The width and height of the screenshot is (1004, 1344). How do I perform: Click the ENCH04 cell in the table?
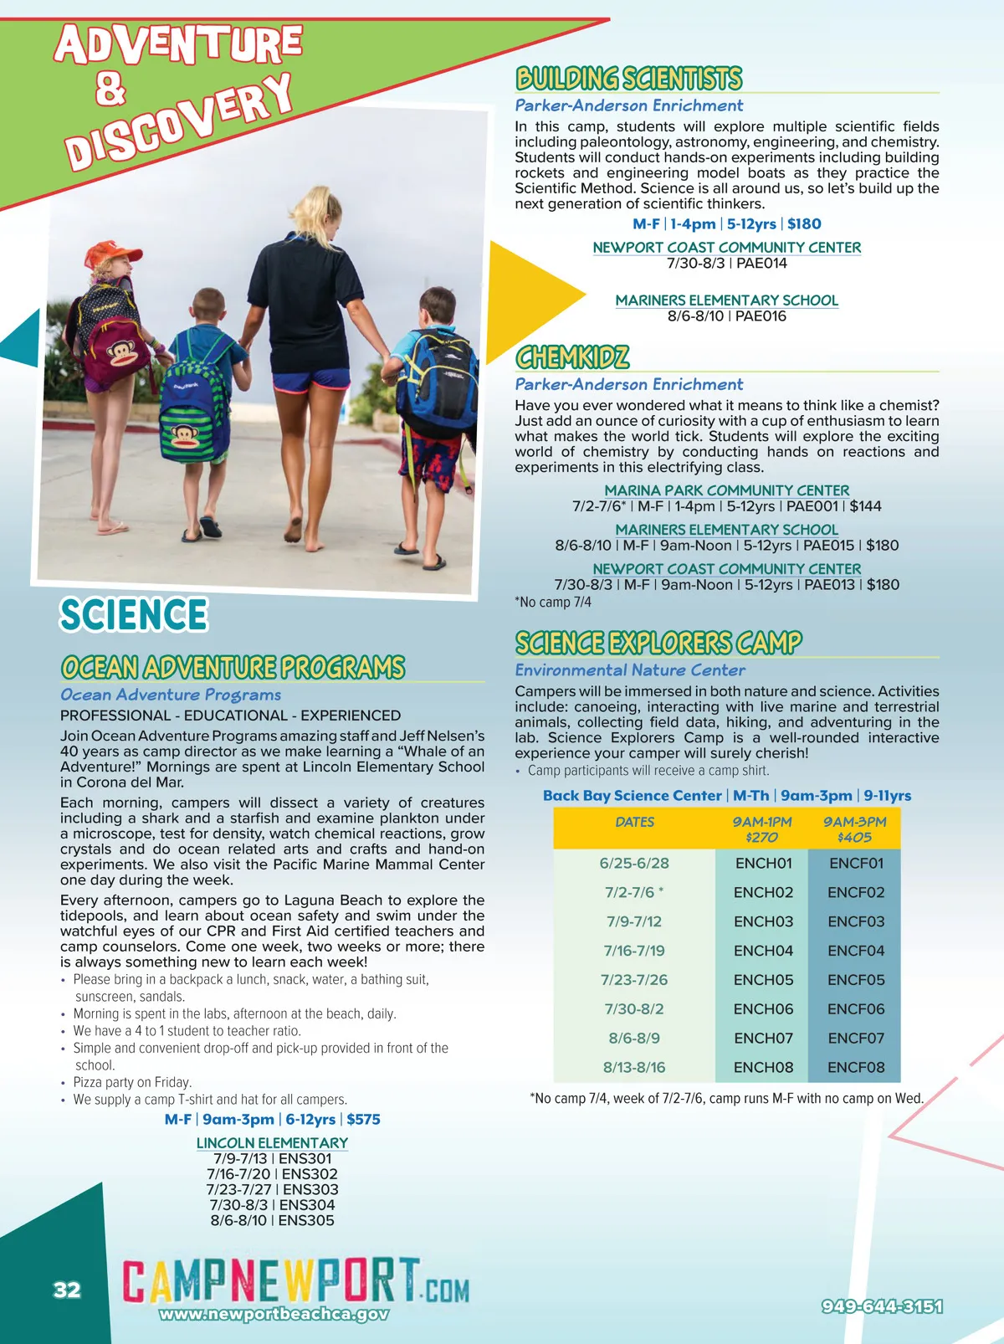[x=762, y=951]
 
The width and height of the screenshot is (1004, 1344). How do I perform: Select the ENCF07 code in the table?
[x=855, y=1038]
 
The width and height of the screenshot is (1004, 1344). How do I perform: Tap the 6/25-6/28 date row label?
[x=633, y=863]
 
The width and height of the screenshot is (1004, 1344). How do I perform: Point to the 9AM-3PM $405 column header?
[x=854, y=829]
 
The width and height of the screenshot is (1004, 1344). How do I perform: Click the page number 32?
[x=67, y=1290]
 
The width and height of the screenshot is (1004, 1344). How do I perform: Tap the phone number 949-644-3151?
[x=882, y=1306]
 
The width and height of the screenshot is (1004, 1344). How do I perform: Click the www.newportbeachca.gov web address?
[x=274, y=1314]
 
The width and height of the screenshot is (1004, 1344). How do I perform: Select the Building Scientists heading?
[x=628, y=79]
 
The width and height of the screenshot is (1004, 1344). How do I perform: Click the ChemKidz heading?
[x=572, y=357]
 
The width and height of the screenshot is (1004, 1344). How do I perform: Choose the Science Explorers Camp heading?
[x=658, y=643]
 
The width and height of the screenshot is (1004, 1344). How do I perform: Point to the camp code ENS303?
[x=310, y=1189]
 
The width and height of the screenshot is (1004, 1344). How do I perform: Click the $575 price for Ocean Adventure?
[x=363, y=1120]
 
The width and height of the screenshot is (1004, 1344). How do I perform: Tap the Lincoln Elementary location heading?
[x=272, y=1143]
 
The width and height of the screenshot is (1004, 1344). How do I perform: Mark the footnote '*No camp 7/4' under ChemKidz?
[x=553, y=603]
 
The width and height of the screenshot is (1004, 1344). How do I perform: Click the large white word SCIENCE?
[x=133, y=614]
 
